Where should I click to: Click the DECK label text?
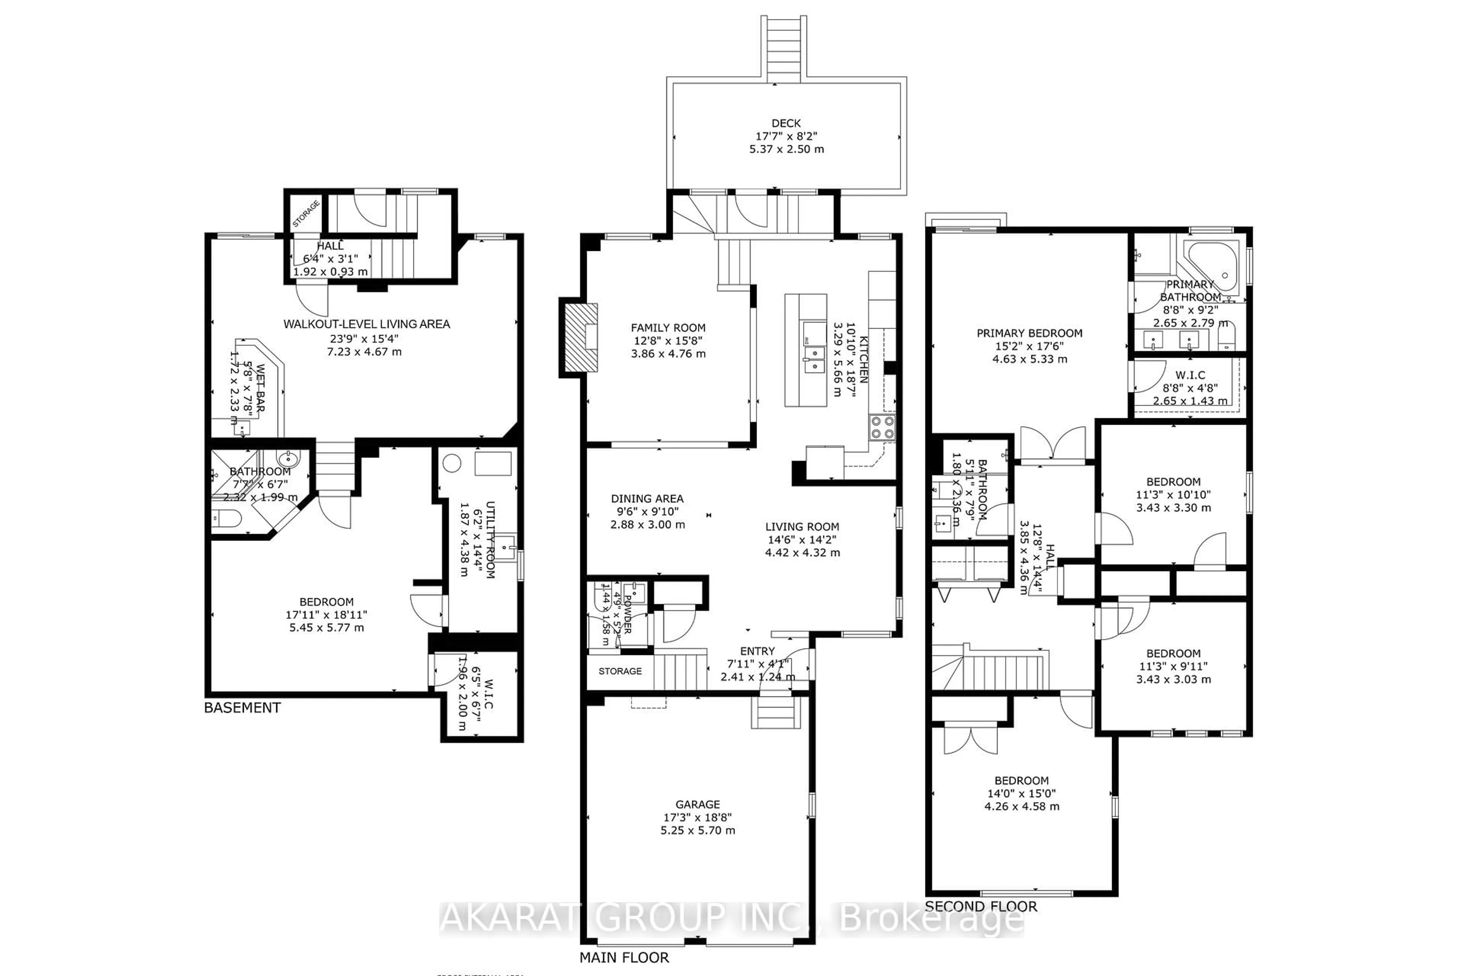tap(786, 123)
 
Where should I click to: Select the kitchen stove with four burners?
tap(882, 428)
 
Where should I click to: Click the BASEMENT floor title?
tap(243, 708)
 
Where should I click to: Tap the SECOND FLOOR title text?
tap(981, 906)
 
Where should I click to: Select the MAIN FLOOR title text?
tap(624, 957)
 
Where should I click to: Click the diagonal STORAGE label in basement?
tap(306, 213)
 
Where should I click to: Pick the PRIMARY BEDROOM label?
tap(1029, 333)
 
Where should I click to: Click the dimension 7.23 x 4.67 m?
tap(365, 352)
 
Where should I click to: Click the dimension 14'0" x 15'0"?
tap(1021, 794)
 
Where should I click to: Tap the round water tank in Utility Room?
tap(452, 463)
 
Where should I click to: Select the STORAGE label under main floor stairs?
tap(620, 671)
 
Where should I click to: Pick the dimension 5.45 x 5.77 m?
tap(327, 628)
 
